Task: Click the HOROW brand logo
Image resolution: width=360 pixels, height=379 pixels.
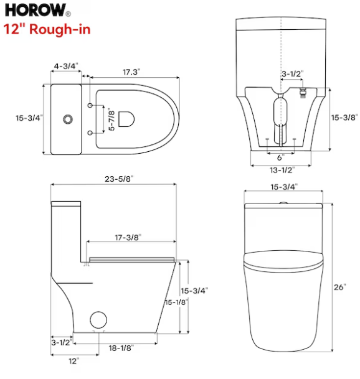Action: point(37,10)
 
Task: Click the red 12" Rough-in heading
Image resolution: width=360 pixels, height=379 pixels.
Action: point(47,29)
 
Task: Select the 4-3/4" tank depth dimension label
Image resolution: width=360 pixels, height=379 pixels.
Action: point(66,66)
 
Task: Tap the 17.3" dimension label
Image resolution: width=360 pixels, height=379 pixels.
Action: point(131,72)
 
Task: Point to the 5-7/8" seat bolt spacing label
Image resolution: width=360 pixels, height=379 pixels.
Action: point(111,119)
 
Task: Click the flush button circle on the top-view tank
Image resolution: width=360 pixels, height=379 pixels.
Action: point(68,119)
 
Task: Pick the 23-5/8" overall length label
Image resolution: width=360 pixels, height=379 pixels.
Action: point(119,179)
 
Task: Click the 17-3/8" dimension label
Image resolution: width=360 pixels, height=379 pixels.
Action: point(128,237)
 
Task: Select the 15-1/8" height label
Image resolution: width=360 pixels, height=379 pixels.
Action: point(176,302)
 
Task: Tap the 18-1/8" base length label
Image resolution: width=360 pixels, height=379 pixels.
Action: point(121,348)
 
